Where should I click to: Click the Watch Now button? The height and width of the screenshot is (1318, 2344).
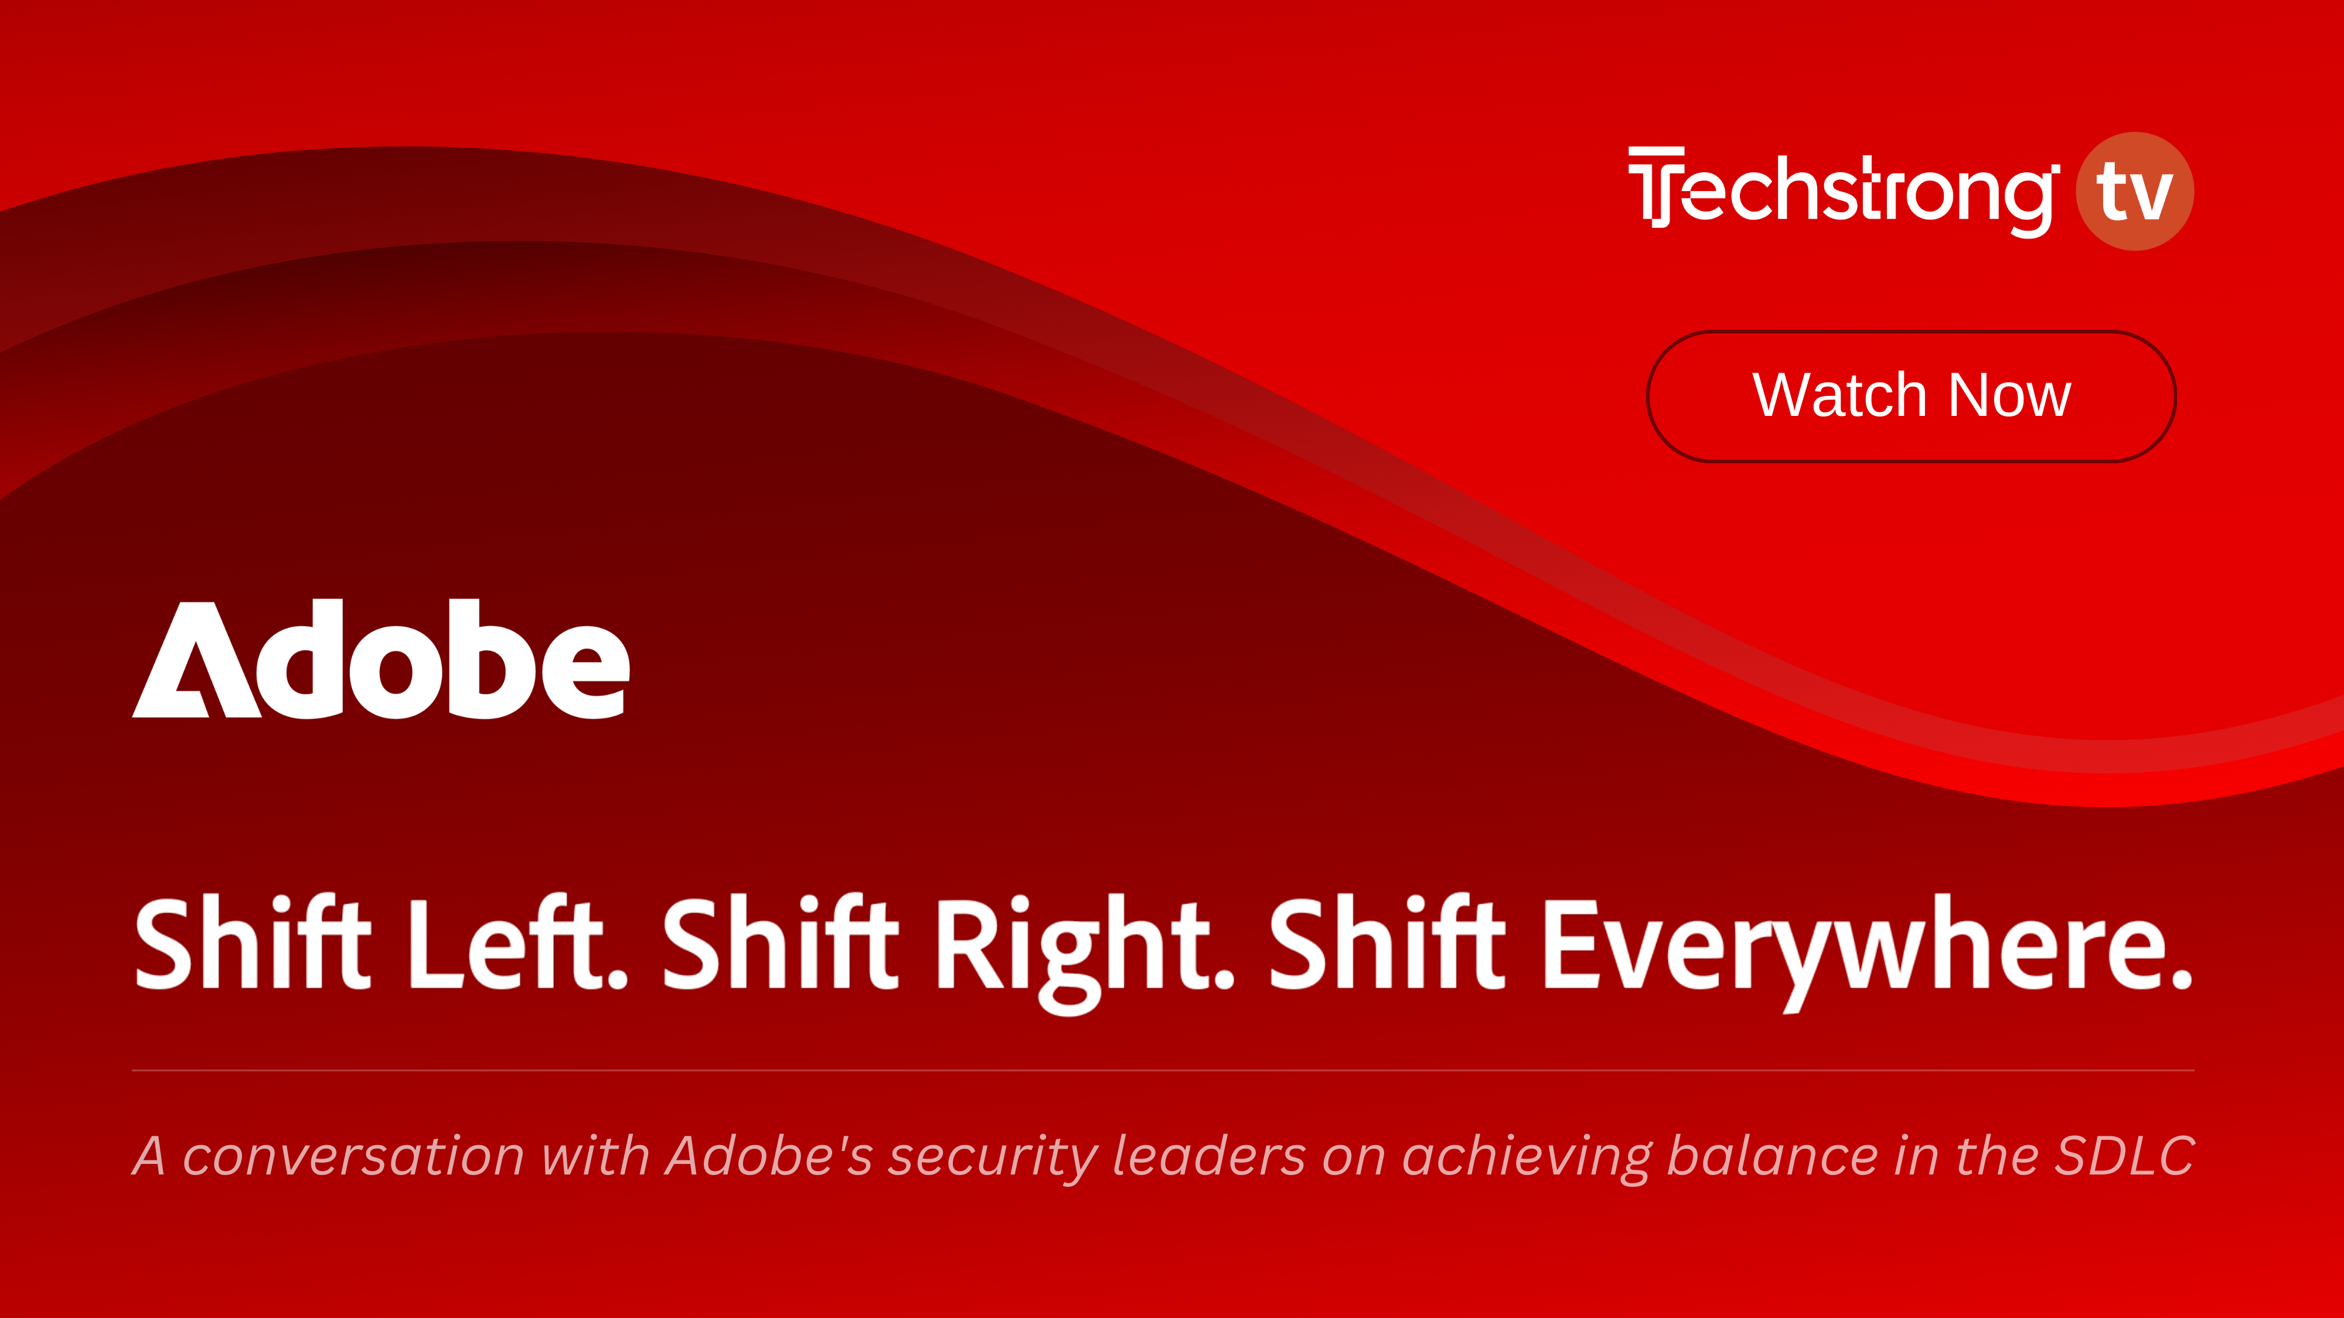[1911, 397]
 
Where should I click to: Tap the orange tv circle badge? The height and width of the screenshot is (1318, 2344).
[2135, 191]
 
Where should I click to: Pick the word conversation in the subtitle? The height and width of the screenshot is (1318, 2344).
[353, 1157]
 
